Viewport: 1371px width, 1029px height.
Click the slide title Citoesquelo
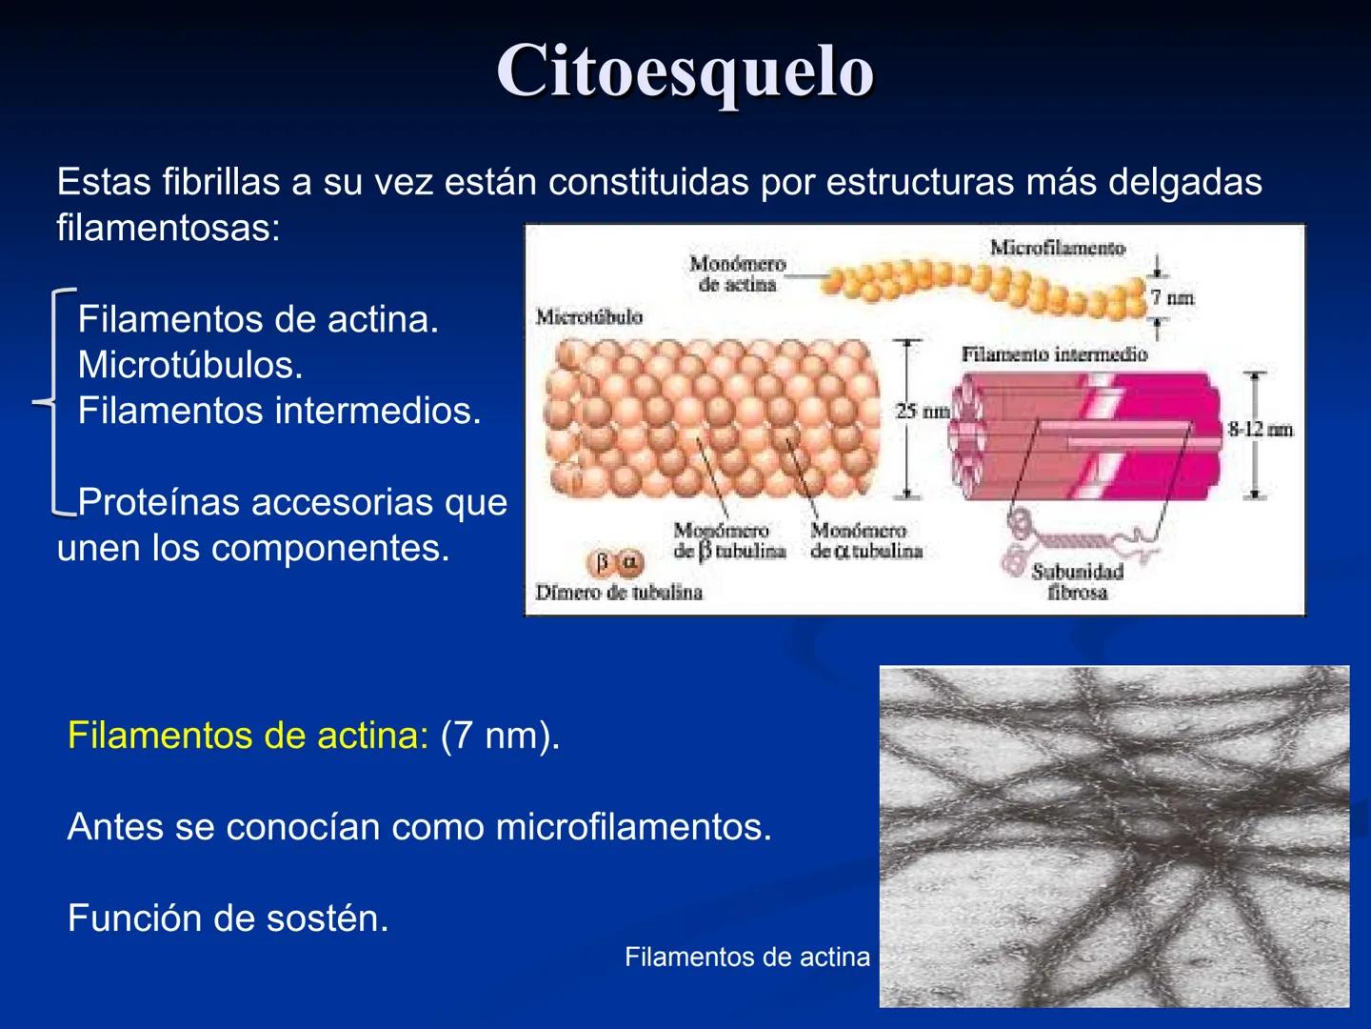[685, 71]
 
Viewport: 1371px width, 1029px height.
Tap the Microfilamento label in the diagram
[1057, 248]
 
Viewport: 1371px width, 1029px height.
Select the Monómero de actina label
[738, 273]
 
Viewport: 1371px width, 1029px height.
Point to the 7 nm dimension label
[1172, 297]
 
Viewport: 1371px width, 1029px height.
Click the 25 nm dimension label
[922, 411]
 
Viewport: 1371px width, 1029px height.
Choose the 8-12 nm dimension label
[1260, 429]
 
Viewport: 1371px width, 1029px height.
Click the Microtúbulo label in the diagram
[588, 316]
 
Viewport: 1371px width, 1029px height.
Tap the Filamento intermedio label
[1054, 354]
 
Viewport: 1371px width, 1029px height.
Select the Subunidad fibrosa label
[1078, 581]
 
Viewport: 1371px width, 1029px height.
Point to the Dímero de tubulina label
[619, 593]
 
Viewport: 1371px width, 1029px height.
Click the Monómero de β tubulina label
[729, 540]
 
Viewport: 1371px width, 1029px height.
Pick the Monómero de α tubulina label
[866, 540]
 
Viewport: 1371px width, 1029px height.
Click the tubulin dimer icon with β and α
[615, 563]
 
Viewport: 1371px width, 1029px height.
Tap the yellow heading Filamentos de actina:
[248, 736]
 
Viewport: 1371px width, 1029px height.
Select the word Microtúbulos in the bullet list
[189, 365]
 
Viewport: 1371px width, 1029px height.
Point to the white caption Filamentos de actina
[747, 957]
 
